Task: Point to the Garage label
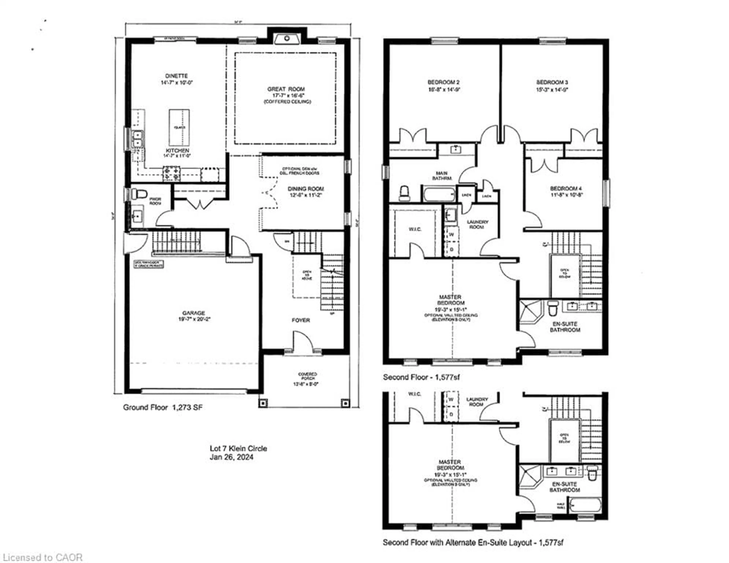tap(194, 313)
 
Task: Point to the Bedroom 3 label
tap(552, 82)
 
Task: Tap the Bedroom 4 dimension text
tap(566, 195)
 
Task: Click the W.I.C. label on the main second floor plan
tap(415, 229)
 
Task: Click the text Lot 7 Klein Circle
tap(238, 448)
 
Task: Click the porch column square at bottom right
tap(346, 403)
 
